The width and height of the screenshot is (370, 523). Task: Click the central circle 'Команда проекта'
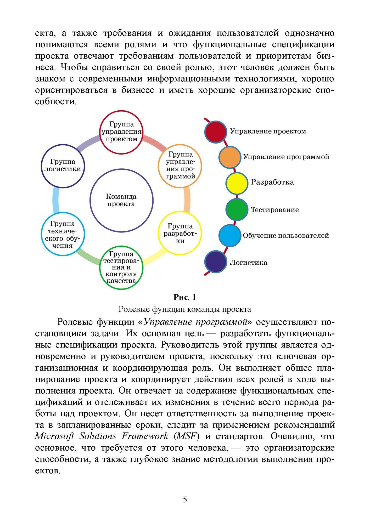121,200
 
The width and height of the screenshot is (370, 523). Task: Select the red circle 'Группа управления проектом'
121,132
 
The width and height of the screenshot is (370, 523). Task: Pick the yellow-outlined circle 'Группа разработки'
180,233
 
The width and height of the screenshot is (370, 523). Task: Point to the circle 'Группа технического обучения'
63,234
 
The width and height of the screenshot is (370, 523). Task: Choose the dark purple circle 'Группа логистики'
63,166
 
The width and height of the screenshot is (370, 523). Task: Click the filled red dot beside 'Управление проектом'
216,132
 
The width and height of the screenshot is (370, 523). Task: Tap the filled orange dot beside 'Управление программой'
230,157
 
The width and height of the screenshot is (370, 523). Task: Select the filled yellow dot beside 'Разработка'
237,183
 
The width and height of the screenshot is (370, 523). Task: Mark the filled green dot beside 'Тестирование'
237,209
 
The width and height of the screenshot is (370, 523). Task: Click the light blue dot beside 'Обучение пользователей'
230,235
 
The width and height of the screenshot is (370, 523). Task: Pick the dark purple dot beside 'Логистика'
216,262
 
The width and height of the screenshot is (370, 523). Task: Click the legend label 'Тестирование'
275,210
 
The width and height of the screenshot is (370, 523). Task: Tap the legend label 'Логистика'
249,263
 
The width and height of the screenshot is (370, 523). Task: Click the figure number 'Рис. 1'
185,297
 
